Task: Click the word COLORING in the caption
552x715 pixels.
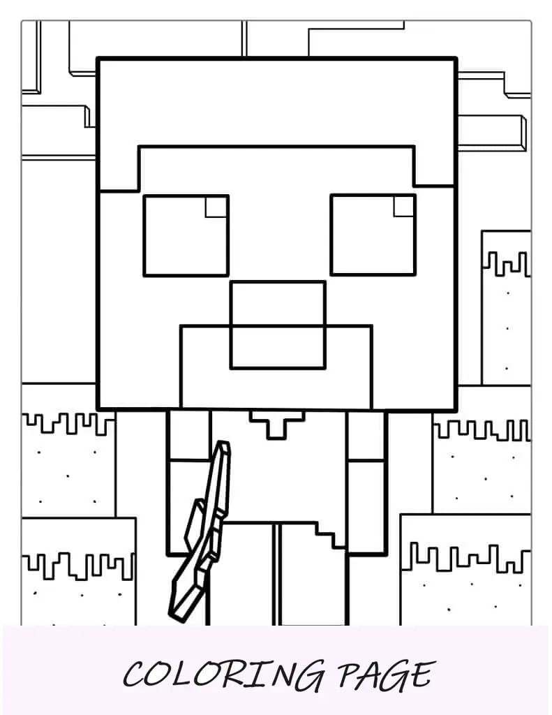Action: [224, 675]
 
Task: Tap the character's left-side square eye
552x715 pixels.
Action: [186, 235]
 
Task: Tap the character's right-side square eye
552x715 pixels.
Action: [373, 235]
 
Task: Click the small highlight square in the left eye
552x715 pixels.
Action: [216, 207]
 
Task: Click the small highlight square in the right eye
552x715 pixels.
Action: [404, 206]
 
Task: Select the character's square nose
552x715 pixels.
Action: [278, 325]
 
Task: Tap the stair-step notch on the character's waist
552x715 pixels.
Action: [329, 534]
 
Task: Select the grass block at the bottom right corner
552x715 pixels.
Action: [465, 570]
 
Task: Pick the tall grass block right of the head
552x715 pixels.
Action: [506, 308]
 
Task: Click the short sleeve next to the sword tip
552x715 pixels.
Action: [188, 436]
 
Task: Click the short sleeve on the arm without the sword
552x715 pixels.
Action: [366, 436]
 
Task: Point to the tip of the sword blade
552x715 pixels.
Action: [223, 442]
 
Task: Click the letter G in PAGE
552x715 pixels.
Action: [391, 676]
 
